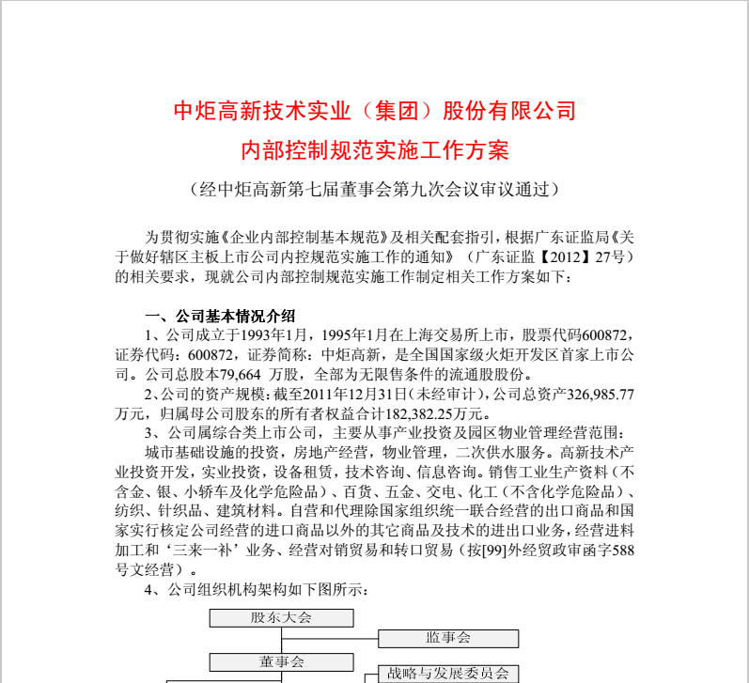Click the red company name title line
point(375,112)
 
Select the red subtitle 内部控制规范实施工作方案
point(375,150)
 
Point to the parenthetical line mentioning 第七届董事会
point(375,189)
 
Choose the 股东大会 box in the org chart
point(281,617)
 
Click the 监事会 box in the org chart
point(448,639)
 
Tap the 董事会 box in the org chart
point(281,660)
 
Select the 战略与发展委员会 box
point(448,673)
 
